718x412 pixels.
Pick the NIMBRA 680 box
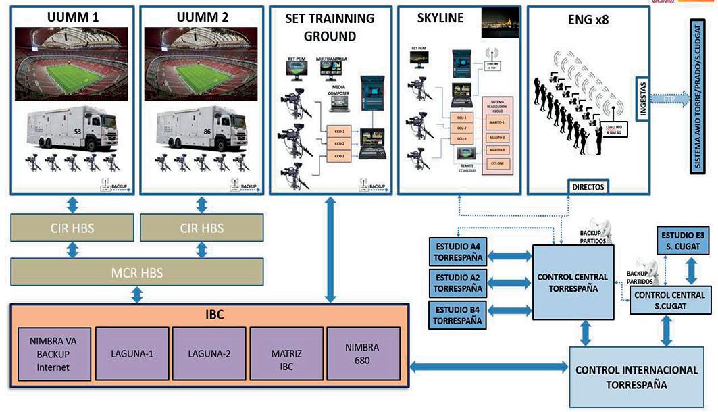(363, 353)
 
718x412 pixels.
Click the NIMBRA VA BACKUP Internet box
(53, 353)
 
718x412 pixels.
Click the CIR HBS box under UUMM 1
(72, 228)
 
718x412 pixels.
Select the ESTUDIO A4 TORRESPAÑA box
(458, 251)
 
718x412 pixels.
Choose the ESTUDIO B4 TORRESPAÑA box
(458, 315)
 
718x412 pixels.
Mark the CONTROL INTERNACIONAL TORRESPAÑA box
(636, 377)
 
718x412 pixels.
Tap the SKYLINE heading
(440, 18)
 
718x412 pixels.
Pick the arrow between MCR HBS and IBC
(137, 294)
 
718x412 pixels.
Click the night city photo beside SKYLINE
(500, 23)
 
